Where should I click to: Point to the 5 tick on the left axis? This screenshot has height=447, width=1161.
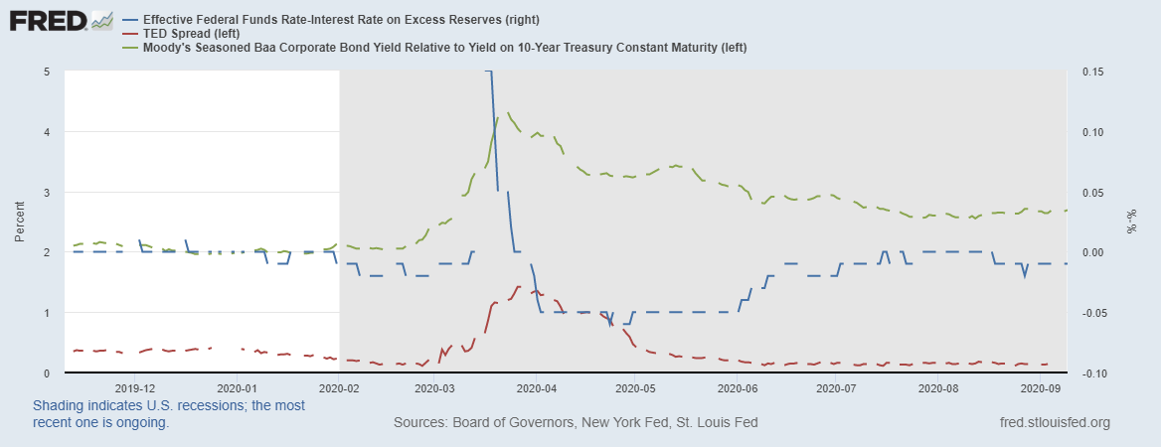[x=47, y=72]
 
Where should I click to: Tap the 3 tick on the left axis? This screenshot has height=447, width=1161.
[x=47, y=192]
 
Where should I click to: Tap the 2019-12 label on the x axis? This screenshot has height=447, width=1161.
[x=135, y=388]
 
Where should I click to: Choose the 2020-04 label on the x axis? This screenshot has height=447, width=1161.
[x=538, y=388]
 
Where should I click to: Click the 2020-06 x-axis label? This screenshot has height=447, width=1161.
[x=739, y=388]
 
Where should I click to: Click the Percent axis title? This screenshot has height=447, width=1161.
[x=19, y=223]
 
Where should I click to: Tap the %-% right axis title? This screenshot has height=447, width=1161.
[x=1131, y=223]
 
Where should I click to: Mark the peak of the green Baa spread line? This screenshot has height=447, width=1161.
[x=509, y=113]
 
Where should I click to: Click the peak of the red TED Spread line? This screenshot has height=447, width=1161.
[x=518, y=286]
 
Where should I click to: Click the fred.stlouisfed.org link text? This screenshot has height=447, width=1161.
[x=1055, y=423]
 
